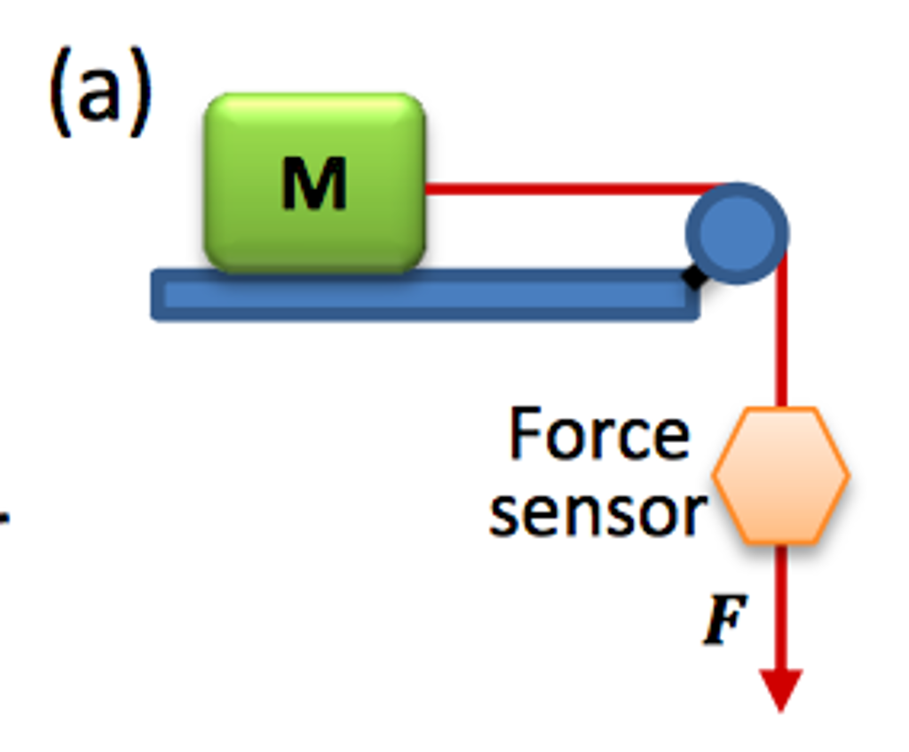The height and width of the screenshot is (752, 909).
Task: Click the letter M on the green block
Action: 313,184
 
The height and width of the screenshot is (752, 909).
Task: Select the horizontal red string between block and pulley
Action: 568,188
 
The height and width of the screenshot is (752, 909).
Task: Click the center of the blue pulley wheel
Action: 737,233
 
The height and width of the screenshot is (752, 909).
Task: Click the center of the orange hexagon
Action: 781,476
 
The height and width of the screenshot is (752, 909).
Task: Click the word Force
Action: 599,435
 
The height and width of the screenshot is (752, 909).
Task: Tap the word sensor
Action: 597,512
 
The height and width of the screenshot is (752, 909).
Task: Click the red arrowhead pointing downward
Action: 781,689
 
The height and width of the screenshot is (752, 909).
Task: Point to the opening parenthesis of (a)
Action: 61,92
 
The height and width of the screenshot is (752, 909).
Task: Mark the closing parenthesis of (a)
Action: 139,92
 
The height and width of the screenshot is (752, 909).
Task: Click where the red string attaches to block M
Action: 427,188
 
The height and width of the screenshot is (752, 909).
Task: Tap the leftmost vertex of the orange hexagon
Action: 715,476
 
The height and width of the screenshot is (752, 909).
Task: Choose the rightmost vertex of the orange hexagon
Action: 849,476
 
